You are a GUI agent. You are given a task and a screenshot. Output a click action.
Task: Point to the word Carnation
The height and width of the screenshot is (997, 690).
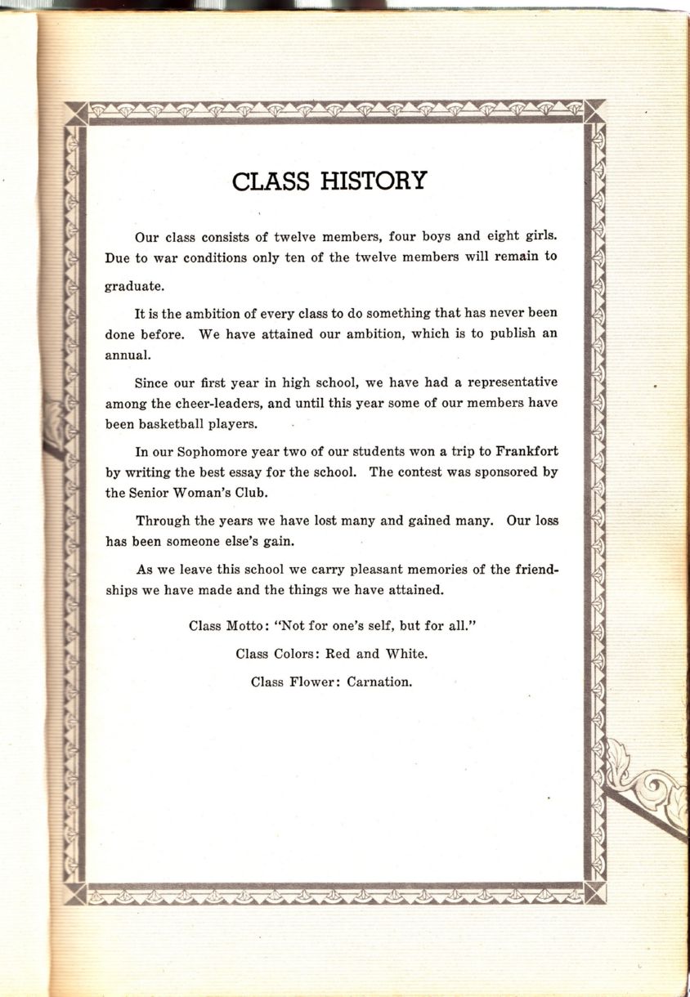[379, 682]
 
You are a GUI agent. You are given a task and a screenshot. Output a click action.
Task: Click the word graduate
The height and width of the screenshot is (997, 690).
[134, 286]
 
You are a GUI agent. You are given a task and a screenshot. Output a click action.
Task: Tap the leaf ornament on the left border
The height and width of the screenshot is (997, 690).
[55, 421]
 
